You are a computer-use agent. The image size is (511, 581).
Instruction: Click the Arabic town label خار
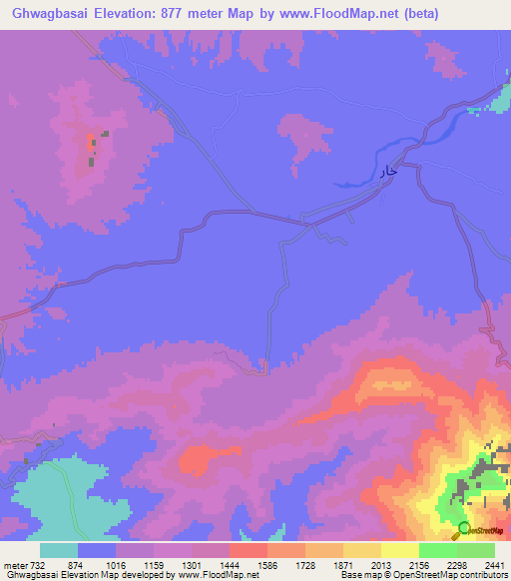point(389,172)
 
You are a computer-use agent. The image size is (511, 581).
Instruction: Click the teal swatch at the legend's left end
point(59,550)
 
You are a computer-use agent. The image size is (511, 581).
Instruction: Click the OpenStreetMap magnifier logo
point(464,529)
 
